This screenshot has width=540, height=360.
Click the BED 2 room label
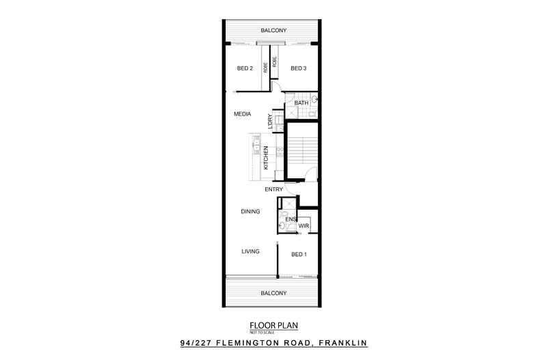click(x=245, y=68)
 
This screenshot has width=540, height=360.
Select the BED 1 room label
click(x=299, y=254)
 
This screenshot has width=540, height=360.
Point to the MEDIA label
click(x=242, y=114)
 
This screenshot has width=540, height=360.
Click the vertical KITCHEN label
click(x=266, y=158)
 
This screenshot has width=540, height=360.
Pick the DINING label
click(x=250, y=212)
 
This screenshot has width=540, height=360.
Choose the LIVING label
click(x=250, y=251)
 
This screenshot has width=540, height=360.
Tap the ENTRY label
click(x=274, y=189)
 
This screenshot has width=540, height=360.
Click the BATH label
click(x=301, y=103)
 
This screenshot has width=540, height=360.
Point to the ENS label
click(x=290, y=219)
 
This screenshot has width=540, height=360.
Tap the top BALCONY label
click(x=273, y=31)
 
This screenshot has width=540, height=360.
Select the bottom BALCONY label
click(x=273, y=293)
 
